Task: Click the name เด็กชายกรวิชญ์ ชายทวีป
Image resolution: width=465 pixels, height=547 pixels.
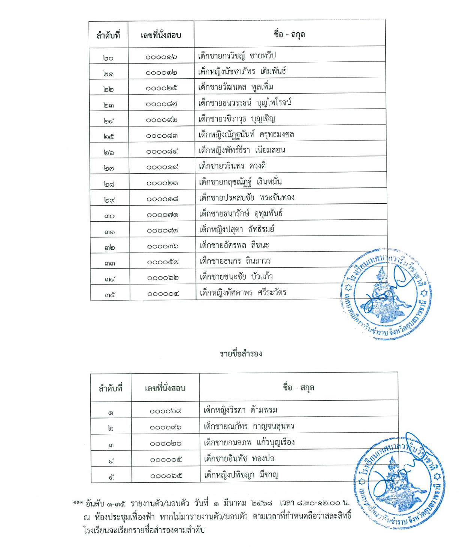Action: (237, 56)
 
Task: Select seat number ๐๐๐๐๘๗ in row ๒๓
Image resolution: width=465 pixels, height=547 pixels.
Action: (161, 104)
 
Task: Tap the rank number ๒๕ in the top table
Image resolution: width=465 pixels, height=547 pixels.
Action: (109, 136)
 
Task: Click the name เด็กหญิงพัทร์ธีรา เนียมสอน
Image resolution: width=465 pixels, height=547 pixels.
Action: (242, 151)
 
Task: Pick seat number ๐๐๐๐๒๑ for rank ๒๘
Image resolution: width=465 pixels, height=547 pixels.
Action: (162, 183)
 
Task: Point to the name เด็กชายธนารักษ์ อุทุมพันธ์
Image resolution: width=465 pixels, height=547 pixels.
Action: (241, 214)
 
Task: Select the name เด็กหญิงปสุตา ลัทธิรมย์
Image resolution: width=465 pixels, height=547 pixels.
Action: (236, 230)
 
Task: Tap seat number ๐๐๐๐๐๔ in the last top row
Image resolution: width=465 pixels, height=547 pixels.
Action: (163, 294)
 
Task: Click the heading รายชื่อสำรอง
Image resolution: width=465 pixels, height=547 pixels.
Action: (241, 354)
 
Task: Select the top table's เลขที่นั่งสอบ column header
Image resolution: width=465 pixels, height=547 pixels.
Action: (161, 35)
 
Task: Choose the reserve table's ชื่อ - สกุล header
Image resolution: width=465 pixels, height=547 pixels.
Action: (298, 388)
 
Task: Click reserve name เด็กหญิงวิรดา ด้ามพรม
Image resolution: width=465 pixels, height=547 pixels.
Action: (240, 410)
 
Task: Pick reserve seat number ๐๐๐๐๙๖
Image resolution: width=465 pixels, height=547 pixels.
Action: (166, 427)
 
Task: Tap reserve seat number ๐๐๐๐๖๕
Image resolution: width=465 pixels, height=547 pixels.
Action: (166, 476)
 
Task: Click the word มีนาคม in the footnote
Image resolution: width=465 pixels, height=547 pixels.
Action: (235, 503)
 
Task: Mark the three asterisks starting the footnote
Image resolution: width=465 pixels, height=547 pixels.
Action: (78, 503)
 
